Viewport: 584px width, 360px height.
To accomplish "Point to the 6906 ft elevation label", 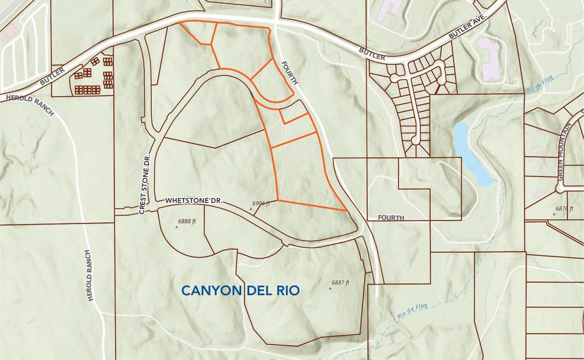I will click(261, 201).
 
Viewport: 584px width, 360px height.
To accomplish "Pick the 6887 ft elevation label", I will click(340, 282).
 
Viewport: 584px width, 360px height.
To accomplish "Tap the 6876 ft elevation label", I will click(564, 209).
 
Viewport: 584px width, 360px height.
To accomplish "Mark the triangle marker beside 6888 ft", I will click(177, 226).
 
